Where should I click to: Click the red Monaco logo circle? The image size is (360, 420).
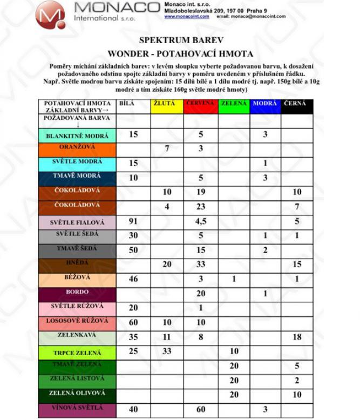50,15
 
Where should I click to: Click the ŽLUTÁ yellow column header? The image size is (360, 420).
167,106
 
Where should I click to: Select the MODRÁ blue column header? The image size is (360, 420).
265,106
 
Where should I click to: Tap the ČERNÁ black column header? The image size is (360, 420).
297,106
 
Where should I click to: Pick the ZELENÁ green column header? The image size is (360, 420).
234,106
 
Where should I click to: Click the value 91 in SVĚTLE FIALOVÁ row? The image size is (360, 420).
133,220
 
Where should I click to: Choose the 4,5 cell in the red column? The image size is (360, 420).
200,220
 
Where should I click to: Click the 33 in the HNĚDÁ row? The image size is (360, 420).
200,264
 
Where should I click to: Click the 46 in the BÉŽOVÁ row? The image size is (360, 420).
133,279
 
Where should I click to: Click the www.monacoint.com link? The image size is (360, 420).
186,17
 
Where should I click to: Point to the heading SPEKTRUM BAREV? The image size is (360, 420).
180,40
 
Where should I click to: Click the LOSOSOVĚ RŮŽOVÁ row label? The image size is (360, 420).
77,322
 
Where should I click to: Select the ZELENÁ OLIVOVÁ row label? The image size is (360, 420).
77,394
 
